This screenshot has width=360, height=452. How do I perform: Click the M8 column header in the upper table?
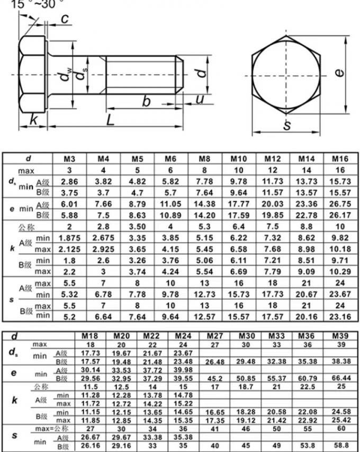coord(204,159)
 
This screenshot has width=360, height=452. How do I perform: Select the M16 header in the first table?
coord(340,159)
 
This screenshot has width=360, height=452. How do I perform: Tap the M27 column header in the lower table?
coord(215,336)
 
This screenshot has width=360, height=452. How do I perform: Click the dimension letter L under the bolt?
coord(110,120)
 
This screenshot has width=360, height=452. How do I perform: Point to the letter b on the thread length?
coord(146,102)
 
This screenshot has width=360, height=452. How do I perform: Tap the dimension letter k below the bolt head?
coord(33,120)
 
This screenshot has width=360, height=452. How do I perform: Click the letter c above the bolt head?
coord(64,20)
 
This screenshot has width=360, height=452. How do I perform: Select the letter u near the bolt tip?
coord(200,99)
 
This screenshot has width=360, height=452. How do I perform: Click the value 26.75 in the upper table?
coord(340,204)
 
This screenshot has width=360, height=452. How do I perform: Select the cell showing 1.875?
coord(69,238)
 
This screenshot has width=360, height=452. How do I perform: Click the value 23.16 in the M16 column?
coord(340,316)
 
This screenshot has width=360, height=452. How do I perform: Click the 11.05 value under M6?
coord(170,204)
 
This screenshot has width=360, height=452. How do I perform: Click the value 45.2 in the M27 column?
coord(215,379)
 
